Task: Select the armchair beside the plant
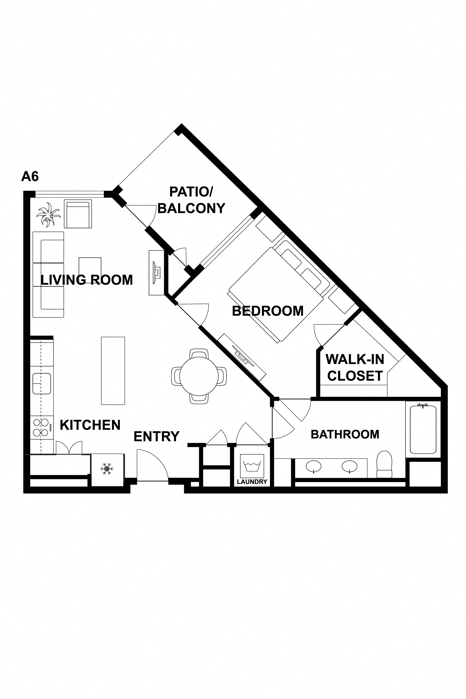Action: (78, 214)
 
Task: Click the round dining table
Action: (199, 376)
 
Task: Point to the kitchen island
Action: (113, 371)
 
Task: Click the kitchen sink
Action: (42, 384)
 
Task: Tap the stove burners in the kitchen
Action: (41, 427)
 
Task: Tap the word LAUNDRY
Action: (252, 482)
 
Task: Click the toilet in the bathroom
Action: (384, 464)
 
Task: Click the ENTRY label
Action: (157, 436)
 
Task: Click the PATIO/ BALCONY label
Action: (191, 200)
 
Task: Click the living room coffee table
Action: (90, 268)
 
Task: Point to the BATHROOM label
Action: (345, 434)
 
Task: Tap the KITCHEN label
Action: (90, 425)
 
